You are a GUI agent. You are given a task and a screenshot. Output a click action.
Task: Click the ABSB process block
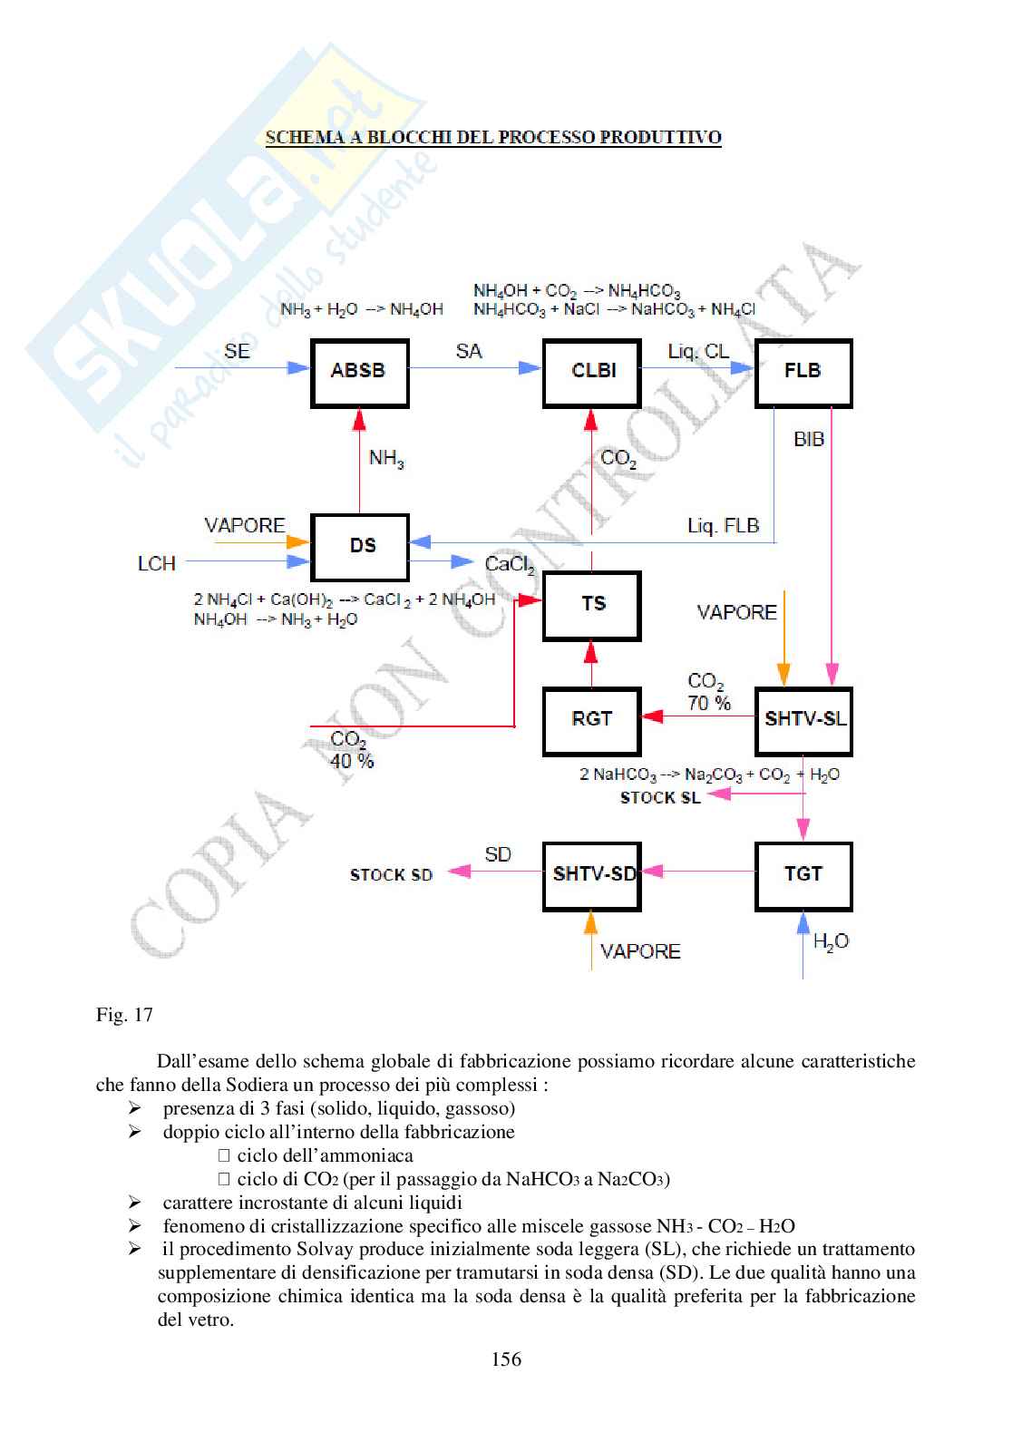coord(359,372)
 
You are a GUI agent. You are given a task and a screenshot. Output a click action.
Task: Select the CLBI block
coord(593,372)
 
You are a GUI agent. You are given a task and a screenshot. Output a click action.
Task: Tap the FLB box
coord(803,372)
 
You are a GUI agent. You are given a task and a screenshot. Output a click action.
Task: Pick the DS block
coord(361,546)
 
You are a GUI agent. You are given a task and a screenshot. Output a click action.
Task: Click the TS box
coord(592,605)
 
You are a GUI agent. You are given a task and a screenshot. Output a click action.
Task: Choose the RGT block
coord(591,720)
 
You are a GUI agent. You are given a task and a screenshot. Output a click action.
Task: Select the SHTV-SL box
coord(803,720)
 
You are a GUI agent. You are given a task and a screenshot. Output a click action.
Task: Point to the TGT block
coord(803,875)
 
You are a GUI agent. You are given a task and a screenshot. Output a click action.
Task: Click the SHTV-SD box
coord(592,875)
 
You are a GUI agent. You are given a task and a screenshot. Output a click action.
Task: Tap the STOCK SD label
coord(391,875)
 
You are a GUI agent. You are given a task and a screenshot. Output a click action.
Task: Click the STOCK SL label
coord(660,798)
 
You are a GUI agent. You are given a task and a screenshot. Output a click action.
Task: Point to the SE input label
coord(237,351)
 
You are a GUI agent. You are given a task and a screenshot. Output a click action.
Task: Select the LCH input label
coord(157,564)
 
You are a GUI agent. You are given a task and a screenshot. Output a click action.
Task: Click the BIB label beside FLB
coord(809,440)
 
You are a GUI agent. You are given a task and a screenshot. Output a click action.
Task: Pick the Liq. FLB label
coord(723,526)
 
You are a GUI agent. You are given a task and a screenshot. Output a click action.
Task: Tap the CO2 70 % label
coord(708,692)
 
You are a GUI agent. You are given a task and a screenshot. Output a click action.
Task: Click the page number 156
coord(506,1359)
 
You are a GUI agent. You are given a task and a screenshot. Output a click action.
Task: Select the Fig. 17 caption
coord(124,1015)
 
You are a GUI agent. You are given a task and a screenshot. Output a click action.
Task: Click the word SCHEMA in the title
coord(302,139)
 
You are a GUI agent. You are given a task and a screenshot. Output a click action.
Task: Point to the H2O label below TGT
coord(831,942)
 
